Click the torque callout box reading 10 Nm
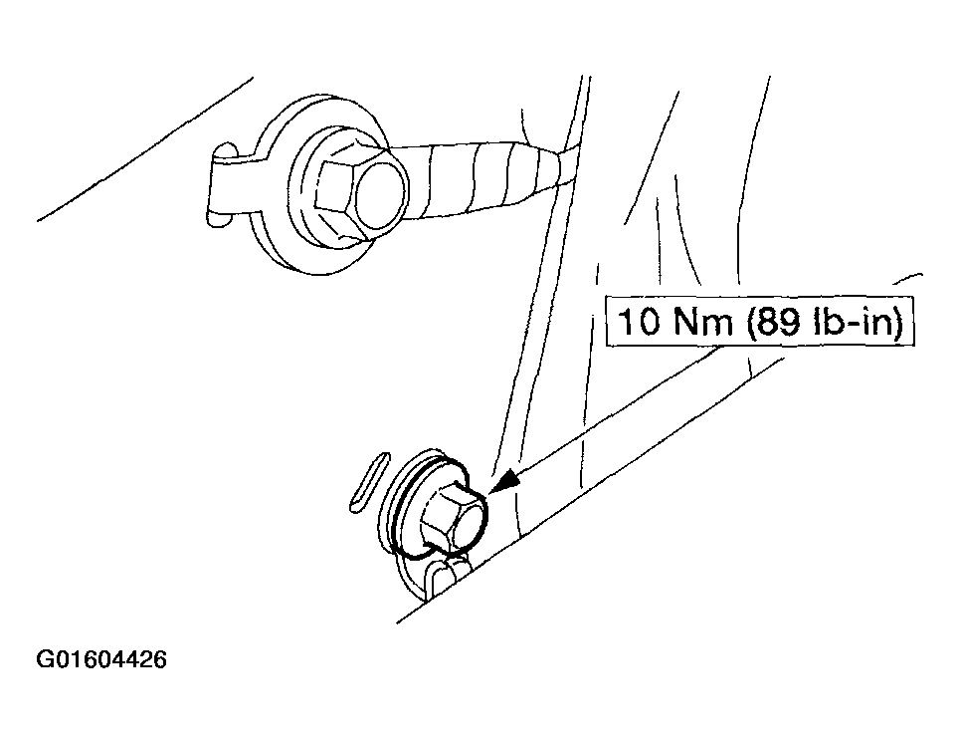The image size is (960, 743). (x=760, y=322)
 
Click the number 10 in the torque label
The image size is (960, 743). (x=640, y=322)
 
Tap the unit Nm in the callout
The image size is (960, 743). (x=702, y=322)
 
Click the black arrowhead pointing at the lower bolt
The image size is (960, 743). (x=505, y=480)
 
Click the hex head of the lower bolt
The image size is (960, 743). (x=453, y=516)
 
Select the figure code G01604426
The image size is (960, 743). (x=101, y=659)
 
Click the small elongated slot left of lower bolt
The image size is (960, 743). (x=368, y=482)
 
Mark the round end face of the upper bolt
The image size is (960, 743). (x=380, y=196)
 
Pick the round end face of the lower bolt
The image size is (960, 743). (x=469, y=522)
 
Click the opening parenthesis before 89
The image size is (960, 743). (x=750, y=322)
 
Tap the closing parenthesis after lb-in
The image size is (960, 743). (x=898, y=322)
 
